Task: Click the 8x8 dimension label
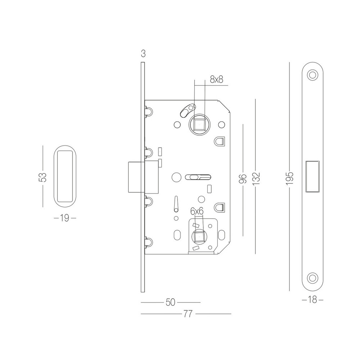[x=216, y=80]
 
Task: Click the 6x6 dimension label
[x=197, y=211]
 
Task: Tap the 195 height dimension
[x=290, y=179]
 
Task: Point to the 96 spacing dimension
[x=243, y=179]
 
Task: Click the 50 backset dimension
[x=170, y=302]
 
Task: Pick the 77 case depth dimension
[x=188, y=314]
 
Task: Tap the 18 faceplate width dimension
[x=312, y=300]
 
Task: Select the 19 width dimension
[x=64, y=218]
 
